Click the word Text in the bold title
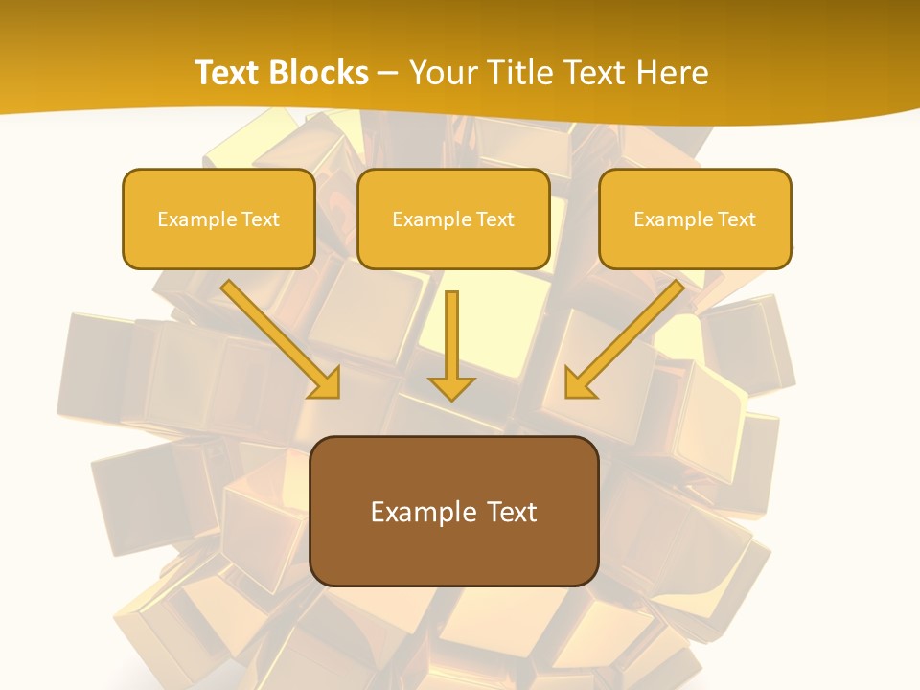(x=228, y=73)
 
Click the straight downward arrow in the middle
(x=451, y=335)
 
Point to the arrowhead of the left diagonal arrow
(x=325, y=382)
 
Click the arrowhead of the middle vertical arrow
(x=451, y=387)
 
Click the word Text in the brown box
(x=511, y=512)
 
